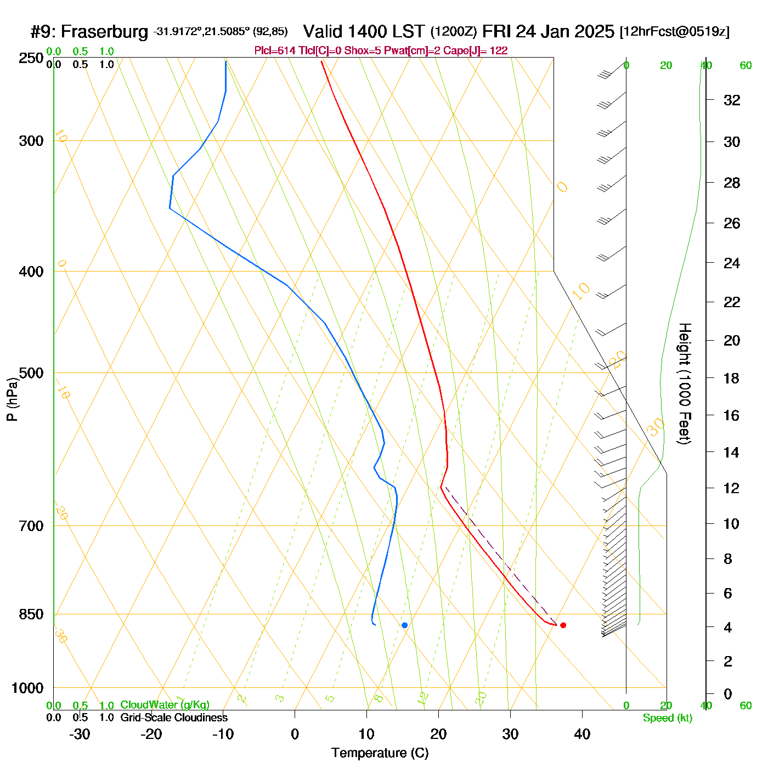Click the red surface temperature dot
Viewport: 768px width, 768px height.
coord(563,625)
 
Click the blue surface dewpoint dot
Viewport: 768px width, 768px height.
coord(405,625)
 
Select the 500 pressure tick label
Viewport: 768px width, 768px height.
coord(31,373)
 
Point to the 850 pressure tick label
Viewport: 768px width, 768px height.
coord(31,614)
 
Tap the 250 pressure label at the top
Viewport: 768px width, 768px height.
coord(31,58)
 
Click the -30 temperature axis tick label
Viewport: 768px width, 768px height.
coord(80,734)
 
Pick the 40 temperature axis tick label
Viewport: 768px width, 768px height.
coord(582,734)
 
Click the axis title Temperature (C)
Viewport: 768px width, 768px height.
coord(380,753)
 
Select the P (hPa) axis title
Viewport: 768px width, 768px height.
coord(12,399)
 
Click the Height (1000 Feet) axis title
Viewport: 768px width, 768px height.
coord(684,383)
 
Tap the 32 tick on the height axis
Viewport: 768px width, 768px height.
coord(732,100)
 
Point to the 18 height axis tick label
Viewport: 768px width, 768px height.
coord(732,378)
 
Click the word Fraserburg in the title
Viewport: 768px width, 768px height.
coord(104,32)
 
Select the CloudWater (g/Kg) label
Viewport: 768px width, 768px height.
coord(165,705)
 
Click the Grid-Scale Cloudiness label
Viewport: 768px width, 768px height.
coord(174,718)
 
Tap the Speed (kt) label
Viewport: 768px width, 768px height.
coord(668,718)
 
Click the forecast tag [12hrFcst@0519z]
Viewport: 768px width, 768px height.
coord(674,32)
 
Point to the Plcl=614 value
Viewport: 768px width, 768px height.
coord(275,51)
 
